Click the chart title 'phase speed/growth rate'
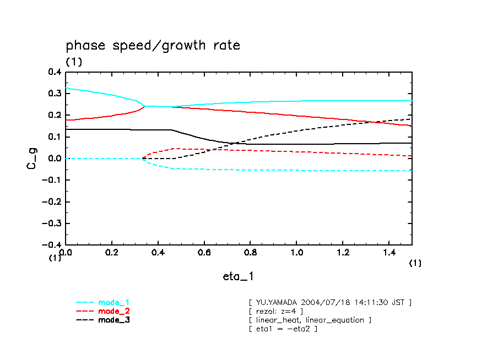153,46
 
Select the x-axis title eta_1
238,276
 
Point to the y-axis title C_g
33,158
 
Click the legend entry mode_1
113,303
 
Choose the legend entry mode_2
113,311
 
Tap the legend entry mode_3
113,320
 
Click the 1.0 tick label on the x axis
296,252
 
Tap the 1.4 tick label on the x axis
388,252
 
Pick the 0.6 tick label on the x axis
204,252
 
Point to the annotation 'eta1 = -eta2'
283,329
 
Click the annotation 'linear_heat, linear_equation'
310,320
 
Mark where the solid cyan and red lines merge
145,106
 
